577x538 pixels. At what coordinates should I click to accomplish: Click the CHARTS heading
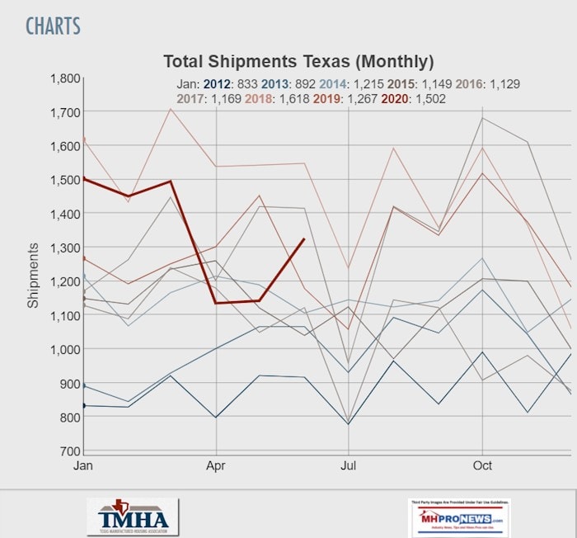53,26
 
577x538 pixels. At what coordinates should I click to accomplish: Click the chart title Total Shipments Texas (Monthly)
298,62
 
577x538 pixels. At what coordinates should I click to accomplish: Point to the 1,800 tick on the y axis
63,78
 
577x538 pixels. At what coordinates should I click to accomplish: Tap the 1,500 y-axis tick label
63,180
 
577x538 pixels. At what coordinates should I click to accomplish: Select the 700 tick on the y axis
69,451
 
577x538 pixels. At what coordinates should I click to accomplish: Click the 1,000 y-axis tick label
63,349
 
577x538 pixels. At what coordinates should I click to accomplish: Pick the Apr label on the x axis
216,465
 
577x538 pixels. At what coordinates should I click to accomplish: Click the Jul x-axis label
349,465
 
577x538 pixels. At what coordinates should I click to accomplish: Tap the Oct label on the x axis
482,465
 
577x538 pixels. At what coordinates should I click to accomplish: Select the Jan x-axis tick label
82,465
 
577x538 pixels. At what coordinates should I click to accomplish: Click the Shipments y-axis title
33,275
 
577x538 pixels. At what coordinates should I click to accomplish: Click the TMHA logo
133,517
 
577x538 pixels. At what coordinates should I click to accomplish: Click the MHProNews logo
458,517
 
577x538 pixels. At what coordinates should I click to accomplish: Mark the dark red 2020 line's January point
83,177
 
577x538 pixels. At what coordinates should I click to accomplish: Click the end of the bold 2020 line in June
304,238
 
